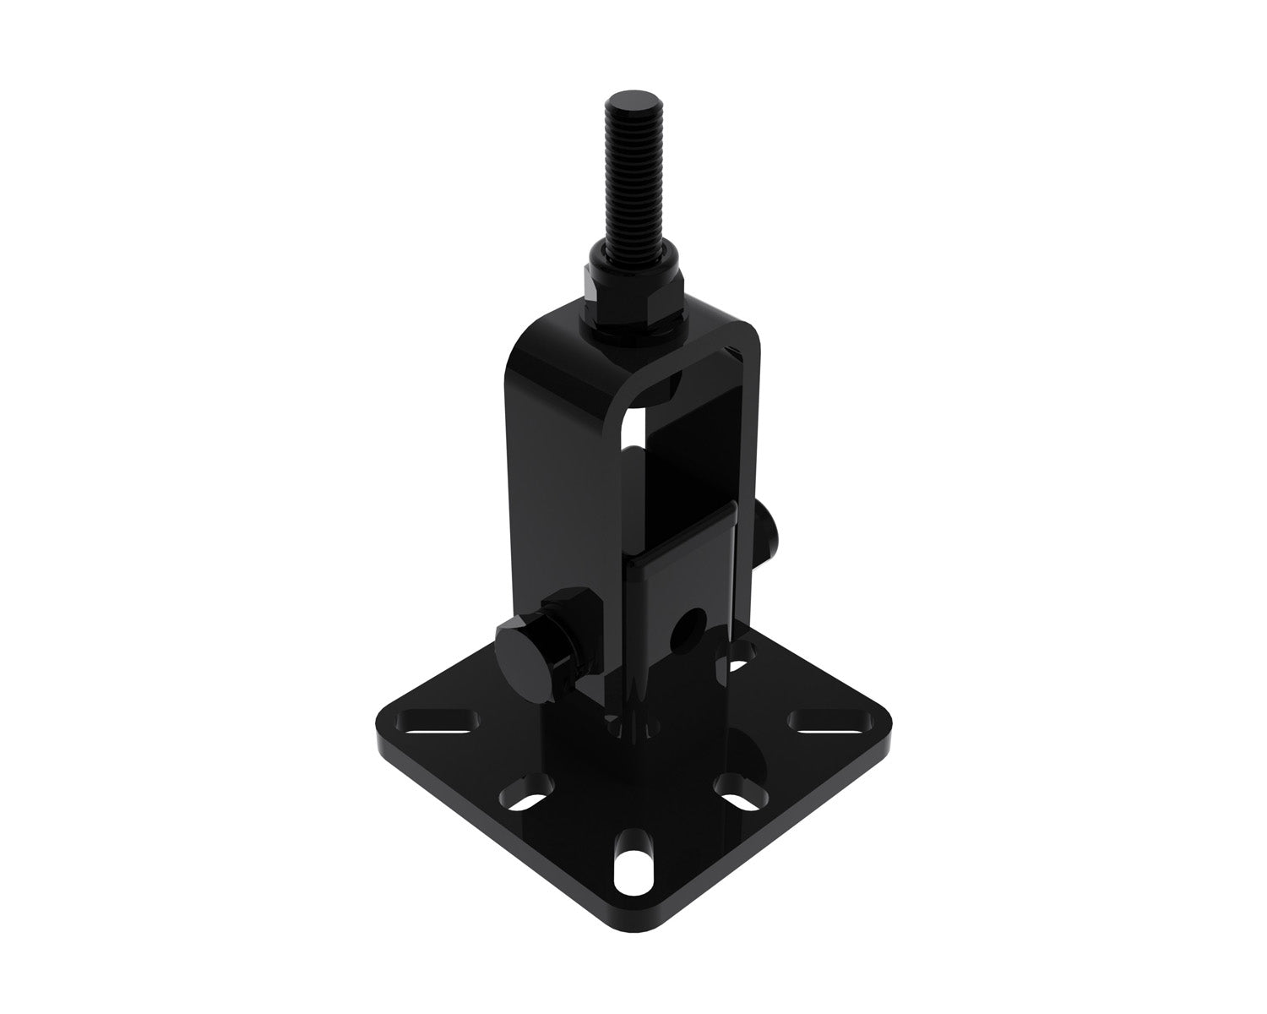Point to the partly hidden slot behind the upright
point(737,653)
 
